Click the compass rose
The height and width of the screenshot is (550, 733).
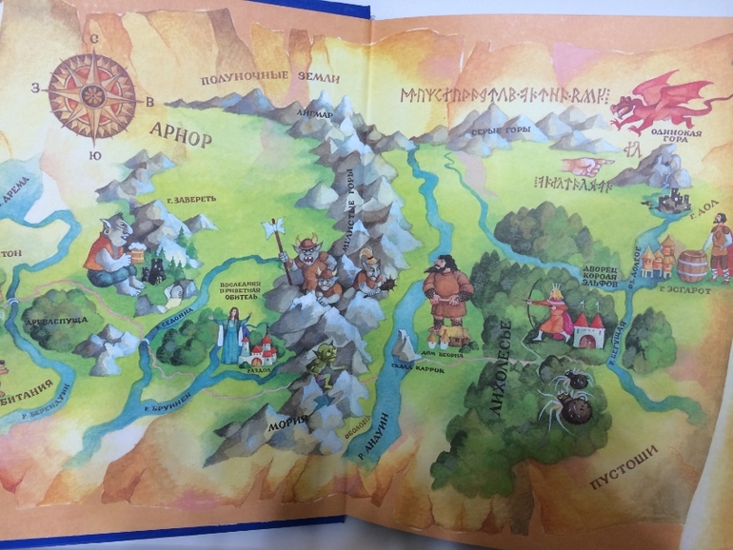click(93, 95)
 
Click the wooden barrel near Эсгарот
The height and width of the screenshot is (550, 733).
click(693, 265)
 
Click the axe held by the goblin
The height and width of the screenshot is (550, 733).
click(274, 228)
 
